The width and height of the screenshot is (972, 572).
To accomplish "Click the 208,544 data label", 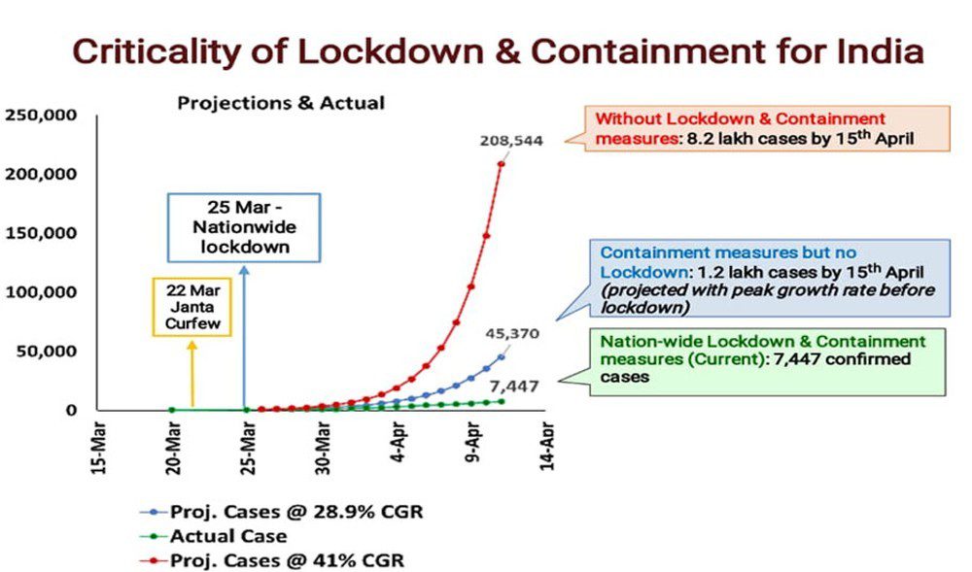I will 510,140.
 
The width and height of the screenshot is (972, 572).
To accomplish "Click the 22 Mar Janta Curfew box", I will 191,306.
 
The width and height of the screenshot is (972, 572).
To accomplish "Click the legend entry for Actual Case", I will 229,536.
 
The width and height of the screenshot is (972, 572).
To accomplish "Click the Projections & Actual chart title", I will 281,102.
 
